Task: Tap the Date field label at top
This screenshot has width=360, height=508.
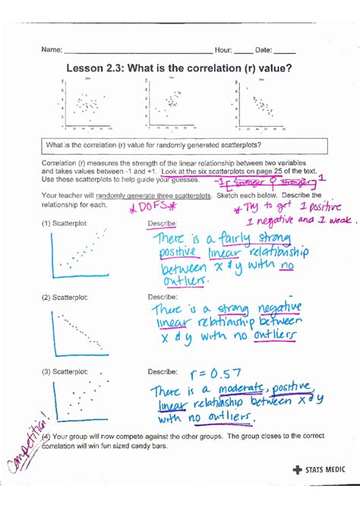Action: pos(264,51)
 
